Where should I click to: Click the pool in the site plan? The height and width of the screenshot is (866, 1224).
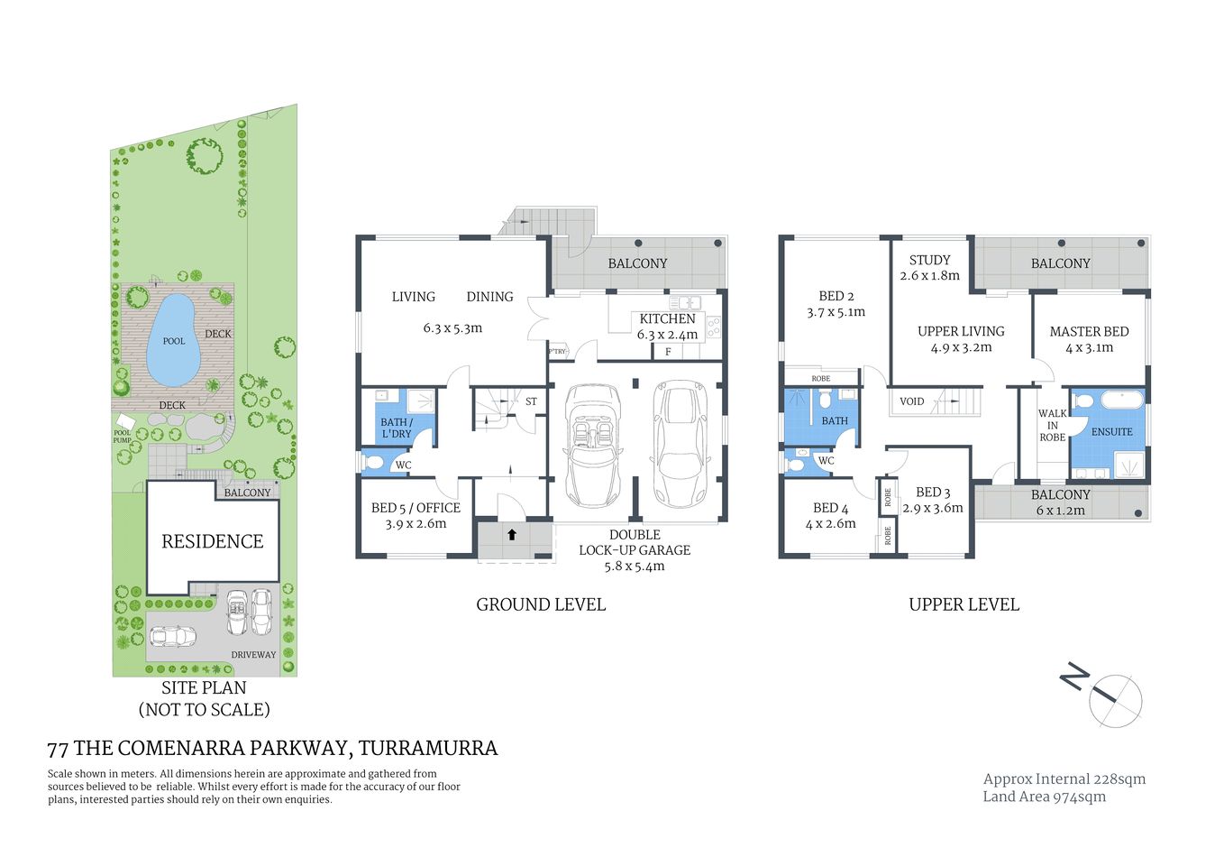173,338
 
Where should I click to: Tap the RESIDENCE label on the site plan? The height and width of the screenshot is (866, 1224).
213,541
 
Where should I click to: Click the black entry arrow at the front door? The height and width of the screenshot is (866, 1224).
512,535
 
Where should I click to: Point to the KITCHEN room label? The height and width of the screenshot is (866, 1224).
667,318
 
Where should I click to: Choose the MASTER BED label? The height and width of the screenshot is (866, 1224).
1089,331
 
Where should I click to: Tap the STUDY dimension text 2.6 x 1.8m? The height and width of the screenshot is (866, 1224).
929,276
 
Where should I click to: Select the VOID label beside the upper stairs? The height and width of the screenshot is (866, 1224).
911,401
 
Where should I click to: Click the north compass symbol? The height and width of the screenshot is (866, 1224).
1115,700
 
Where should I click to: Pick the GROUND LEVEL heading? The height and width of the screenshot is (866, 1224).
541,604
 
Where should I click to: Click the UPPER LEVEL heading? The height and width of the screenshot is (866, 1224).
964,604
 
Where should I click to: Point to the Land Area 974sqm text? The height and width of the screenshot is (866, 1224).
1044,797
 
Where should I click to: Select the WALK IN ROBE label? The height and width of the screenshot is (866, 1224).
1052,426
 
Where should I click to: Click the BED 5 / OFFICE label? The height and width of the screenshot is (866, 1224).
416,508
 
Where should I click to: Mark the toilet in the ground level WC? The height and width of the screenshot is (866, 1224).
372,464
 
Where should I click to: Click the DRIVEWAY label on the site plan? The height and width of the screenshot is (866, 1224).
253,655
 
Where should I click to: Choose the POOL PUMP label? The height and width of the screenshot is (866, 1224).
122,437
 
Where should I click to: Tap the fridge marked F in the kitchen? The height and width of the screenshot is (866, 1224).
668,352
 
